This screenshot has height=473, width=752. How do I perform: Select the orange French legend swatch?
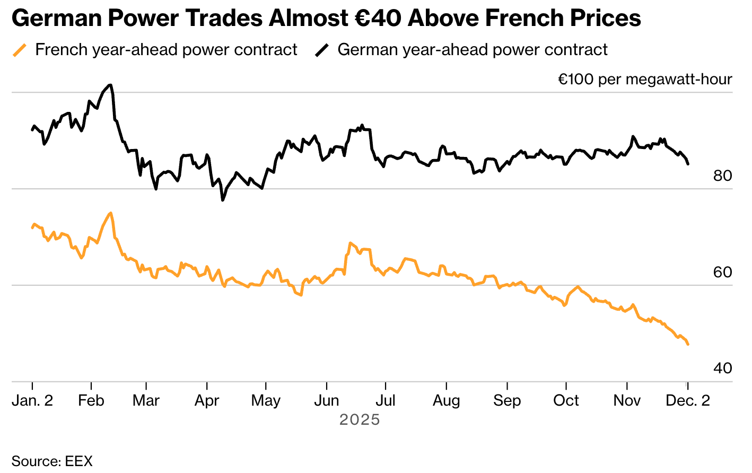coord(20,50)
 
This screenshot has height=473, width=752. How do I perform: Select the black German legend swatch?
coord(322,50)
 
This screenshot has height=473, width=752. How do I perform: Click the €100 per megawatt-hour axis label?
coord(644,80)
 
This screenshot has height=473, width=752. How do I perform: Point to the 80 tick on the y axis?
coord(722,176)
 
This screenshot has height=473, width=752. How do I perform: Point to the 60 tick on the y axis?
coord(722,273)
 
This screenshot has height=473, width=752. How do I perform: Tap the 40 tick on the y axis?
coord(722,369)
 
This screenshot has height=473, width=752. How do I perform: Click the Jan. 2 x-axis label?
coord(32,401)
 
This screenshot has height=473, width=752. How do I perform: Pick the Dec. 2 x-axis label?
coord(687,401)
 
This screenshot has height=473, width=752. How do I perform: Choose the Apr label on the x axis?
coord(206,401)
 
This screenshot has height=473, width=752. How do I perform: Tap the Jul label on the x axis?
coord(385,401)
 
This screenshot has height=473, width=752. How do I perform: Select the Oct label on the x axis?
coord(566,401)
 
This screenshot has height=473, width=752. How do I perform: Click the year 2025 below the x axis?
coord(360,420)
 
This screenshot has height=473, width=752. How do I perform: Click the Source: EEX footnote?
coord(52,461)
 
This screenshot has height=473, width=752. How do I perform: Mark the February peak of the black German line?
coord(110,85)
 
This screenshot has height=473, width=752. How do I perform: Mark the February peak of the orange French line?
coord(110,213)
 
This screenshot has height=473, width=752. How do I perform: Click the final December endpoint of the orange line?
coord(688,345)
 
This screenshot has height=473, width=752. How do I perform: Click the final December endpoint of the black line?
coord(688,164)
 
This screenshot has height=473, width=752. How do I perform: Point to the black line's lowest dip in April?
coord(222,200)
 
